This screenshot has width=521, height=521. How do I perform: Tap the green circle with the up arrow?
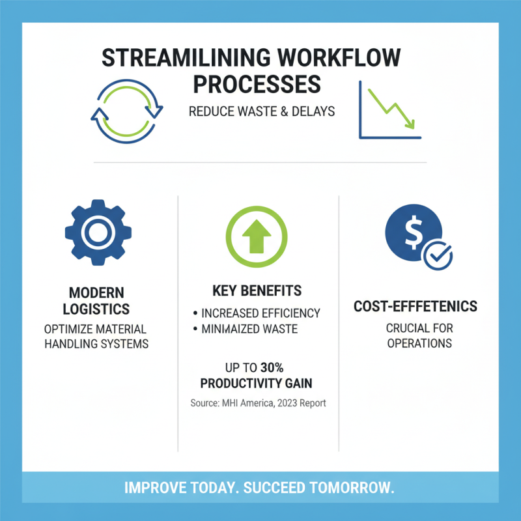click(x=257, y=232)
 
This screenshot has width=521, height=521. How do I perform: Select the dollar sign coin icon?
click(x=413, y=233)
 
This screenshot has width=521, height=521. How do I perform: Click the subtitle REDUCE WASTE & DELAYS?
click(x=262, y=111)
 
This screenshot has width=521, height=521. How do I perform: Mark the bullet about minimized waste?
click(x=249, y=329)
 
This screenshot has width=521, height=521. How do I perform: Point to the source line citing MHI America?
click(x=258, y=403)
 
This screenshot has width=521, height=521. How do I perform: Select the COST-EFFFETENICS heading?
click(x=415, y=306)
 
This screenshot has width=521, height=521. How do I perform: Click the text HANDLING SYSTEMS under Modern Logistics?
click(x=96, y=343)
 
